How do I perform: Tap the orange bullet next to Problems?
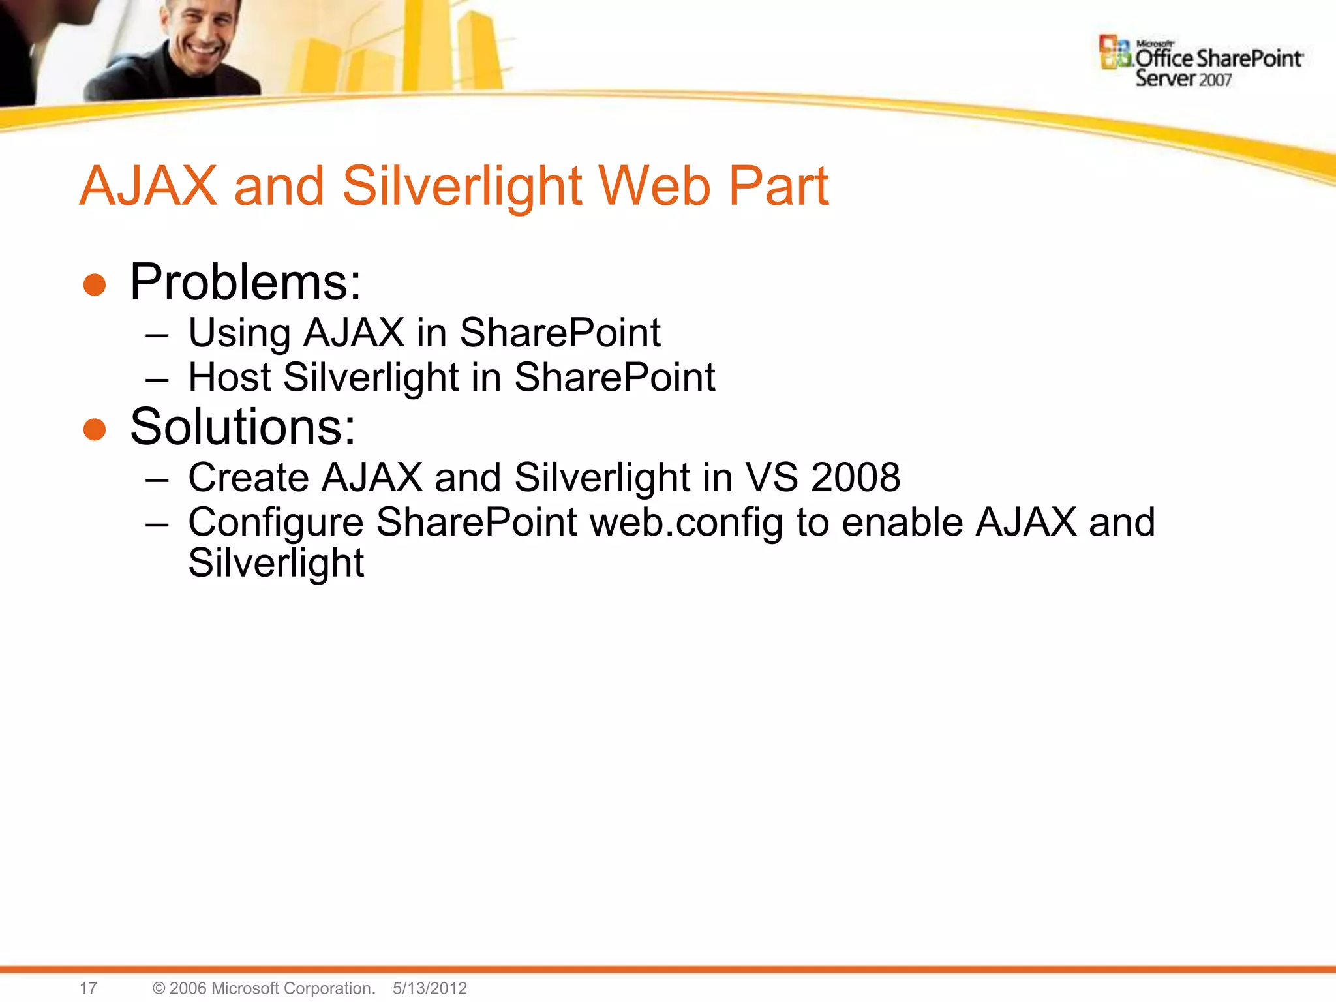pyautogui.click(x=95, y=285)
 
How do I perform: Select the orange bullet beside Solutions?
pyautogui.click(x=95, y=430)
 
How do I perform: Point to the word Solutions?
pyautogui.click(x=243, y=427)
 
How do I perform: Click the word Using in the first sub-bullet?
pyautogui.click(x=239, y=333)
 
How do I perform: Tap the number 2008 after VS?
pyautogui.click(x=855, y=478)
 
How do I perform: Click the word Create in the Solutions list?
pyautogui.click(x=249, y=478)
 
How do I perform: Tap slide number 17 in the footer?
pyautogui.click(x=88, y=988)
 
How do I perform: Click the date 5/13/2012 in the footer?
pyautogui.click(x=430, y=988)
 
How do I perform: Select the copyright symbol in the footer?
pyautogui.click(x=159, y=988)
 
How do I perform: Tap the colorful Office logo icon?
pyautogui.click(x=1114, y=52)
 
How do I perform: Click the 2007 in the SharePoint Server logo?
pyautogui.click(x=1215, y=80)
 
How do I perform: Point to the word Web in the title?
pyautogui.click(x=654, y=187)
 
